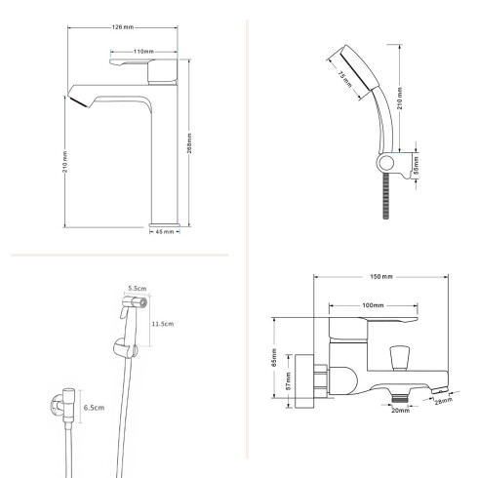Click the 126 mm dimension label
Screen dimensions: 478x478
pyautogui.click(x=123, y=27)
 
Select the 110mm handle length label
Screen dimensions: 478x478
pyautogui.click(x=143, y=52)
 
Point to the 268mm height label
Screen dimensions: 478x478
pyautogui.click(x=189, y=143)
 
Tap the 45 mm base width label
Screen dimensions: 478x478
pyautogui.click(x=165, y=232)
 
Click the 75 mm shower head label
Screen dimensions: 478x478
pyautogui.click(x=344, y=79)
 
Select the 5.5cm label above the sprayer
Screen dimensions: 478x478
pyautogui.click(x=138, y=288)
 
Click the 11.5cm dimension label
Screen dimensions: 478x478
pyautogui.click(x=163, y=324)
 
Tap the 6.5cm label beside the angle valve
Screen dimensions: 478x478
pyautogui.click(x=94, y=408)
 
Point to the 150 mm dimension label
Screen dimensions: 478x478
pyautogui.click(x=381, y=276)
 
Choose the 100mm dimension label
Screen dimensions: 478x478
pyautogui.click(x=373, y=305)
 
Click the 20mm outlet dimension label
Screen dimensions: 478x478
pyautogui.click(x=400, y=411)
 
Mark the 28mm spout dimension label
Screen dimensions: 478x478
pyautogui.click(x=444, y=401)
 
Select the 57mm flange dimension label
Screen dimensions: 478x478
pyautogui.click(x=288, y=381)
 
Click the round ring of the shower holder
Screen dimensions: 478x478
pyautogui.click(x=386, y=163)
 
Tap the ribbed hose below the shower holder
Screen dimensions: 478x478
pyautogui.click(x=386, y=196)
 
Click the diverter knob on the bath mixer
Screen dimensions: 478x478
pyautogui.click(x=399, y=358)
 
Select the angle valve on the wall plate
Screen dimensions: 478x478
pyautogui.click(x=64, y=405)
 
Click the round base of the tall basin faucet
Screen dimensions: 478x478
pyautogui.click(x=164, y=225)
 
